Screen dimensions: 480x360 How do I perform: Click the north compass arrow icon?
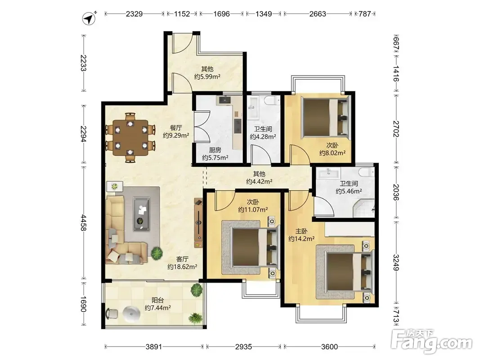(89, 18)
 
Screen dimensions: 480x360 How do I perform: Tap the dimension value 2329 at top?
(134, 14)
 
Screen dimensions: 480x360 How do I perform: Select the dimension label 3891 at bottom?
(154, 346)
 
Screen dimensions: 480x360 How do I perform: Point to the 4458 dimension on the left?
(83, 223)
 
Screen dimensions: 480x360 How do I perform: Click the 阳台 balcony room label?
(157, 300)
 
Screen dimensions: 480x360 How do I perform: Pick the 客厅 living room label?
(182, 259)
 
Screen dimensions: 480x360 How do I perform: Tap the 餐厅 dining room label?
(176, 128)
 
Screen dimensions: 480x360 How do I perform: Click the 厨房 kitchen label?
(215, 150)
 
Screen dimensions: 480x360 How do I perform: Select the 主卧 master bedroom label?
(301, 231)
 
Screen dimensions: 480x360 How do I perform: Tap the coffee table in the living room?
(141, 214)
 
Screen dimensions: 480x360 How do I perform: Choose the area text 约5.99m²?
(207, 76)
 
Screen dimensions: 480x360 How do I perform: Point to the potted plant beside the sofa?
(157, 253)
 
